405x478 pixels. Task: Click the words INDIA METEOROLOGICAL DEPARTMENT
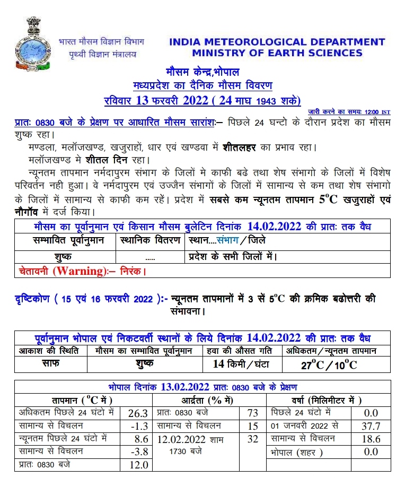(277, 42)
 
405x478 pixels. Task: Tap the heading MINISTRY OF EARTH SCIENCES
(277, 53)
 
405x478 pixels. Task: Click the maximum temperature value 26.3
(137, 412)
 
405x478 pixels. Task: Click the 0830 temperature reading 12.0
(137, 465)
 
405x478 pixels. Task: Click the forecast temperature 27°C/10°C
(329, 364)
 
